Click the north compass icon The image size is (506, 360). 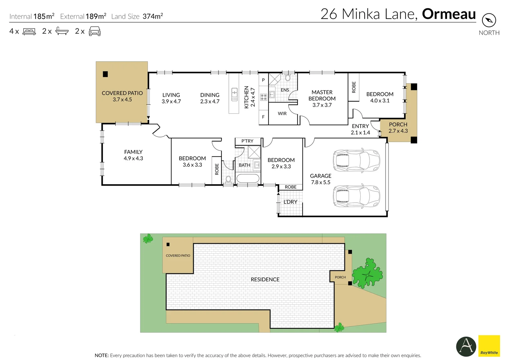489,21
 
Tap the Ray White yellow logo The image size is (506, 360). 489,346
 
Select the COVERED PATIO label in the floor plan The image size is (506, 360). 122,93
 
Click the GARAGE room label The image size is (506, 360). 321,176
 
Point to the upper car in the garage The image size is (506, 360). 356,160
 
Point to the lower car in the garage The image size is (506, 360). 356,197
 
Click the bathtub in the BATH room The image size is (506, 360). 247,178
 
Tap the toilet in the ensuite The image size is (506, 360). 288,78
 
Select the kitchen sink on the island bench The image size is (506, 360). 234,94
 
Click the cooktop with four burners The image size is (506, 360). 264,97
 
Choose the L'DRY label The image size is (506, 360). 290,202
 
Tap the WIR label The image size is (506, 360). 282,114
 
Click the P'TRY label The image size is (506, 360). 247,141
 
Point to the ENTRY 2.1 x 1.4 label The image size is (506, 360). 360,129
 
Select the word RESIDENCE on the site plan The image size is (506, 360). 265,280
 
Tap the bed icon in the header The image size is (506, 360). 29,32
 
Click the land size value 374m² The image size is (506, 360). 152,16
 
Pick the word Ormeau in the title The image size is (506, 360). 449,14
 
